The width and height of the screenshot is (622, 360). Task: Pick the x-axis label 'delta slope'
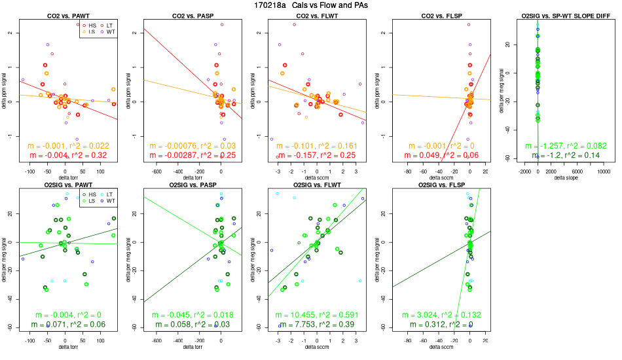click(x=564, y=178)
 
